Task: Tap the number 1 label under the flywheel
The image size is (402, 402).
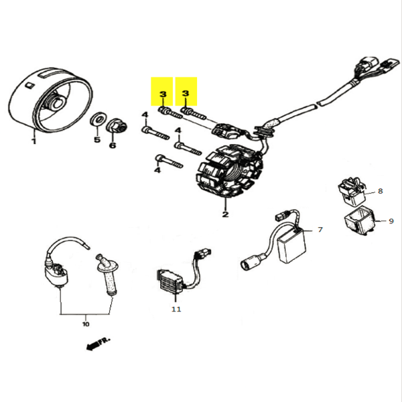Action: coord(33,141)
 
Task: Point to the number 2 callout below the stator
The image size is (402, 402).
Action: coord(226,214)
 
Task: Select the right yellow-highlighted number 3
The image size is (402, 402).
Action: coord(187,93)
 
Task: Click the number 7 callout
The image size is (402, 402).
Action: coord(320,230)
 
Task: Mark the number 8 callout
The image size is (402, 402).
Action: coord(380,191)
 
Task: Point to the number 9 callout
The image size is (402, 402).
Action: coord(391,220)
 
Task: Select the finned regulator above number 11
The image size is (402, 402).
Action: coord(170,279)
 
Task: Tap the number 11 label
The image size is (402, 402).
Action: coord(176,310)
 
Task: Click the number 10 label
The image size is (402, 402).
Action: coord(86,324)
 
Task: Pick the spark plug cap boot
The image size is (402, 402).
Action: coord(108,275)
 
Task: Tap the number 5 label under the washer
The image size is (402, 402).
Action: coord(96,140)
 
